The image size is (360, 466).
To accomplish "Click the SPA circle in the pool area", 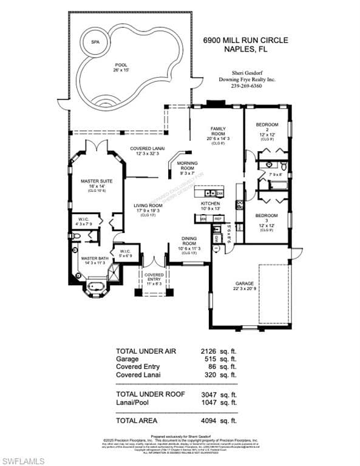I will coord(95,42).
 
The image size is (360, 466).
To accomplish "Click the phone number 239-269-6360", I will coord(246,86).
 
